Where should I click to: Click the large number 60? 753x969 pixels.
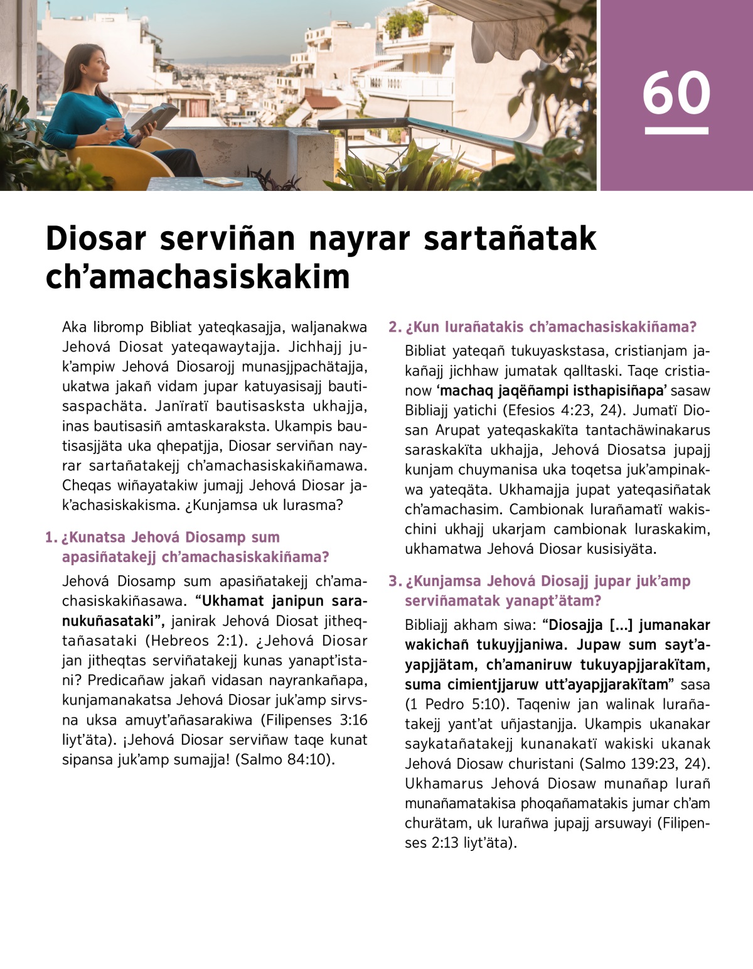tap(676, 94)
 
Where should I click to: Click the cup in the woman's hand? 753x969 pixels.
tap(115, 124)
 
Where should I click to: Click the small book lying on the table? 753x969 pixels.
tap(223, 181)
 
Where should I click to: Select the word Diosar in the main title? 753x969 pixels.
tap(96, 239)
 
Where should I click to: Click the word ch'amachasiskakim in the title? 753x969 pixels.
tap(197, 276)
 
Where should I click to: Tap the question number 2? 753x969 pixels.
tap(394, 327)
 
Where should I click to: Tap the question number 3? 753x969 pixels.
tap(394, 582)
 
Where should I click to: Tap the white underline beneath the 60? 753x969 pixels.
tap(676, 131)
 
